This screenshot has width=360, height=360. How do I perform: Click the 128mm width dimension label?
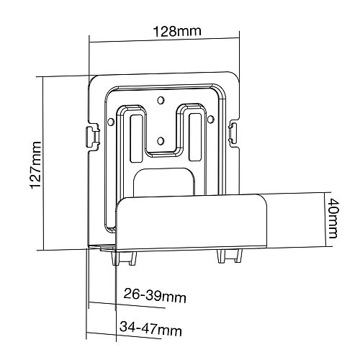(x=177, y=31)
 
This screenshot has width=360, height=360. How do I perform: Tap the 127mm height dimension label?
(x=36, y=165)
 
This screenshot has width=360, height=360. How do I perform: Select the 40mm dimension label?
(x=333, y=218)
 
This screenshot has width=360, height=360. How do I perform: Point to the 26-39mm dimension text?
(x=155, y=296)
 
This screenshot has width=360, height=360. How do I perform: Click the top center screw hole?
(x=161, y=100)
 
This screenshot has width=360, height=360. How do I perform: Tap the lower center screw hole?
(x=161, y=140)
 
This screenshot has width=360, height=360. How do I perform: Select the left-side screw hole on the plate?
(x=111, y=122)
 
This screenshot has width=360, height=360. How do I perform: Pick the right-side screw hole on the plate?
(x=210, y=119)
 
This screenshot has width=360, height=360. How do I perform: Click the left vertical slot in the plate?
(x=136, y=138)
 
